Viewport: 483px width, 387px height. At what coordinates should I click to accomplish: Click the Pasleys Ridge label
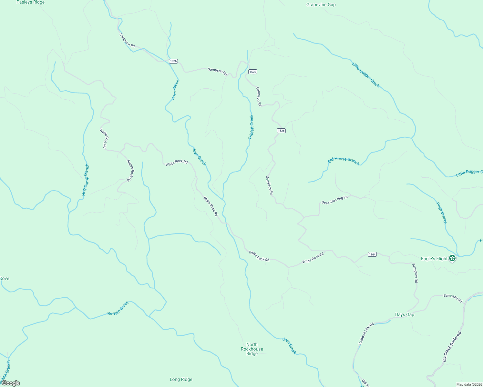pyautogui.click(x=30, y=2)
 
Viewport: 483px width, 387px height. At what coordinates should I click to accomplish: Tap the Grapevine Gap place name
pyautogui.click(x=321, y=5)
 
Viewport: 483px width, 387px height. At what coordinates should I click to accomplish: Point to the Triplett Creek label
pyautogui.click(x=251, y=127)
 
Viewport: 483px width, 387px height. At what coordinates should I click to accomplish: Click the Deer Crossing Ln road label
pyautogui.click(x=334, y=200)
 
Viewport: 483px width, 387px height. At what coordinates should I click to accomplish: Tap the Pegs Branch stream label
pyautogui.click(x=441, y=213)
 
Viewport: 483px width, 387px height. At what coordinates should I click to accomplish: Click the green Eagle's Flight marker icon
pyautogui.click(x=452, y=258)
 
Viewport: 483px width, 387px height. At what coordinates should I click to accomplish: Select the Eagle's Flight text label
pyautogui.click(x=434, y=259)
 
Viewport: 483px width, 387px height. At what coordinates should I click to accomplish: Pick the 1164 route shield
pyautogui.click(x=372, y=254)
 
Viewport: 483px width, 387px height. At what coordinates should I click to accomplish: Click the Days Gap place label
pyautogui.click(x=405, y=315)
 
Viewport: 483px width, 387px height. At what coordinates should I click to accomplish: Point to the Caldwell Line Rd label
pyautogui.click(x=366, y=333)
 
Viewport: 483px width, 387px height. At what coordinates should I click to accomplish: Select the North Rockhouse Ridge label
pyautogui.click(x=252, y=349)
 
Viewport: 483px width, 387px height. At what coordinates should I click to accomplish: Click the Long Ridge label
pyautogui.click(x=181, y=380)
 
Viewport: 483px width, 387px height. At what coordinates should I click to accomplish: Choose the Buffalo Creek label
pyautogui.click(x=118, y=309)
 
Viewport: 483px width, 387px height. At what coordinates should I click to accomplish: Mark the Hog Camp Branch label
pyautogui.click(x=85, y=180)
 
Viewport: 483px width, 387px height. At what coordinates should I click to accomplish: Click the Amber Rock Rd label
pyautogui.click(x=130, y=171)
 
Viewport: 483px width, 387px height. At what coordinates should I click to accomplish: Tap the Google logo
pyautogui.click(x=11, y=383)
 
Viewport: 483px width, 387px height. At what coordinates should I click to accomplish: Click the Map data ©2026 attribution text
pyautogui.click(x=468, y=384)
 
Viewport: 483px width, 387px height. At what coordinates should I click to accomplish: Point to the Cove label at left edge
pyautogui.click(x=5, y=279)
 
